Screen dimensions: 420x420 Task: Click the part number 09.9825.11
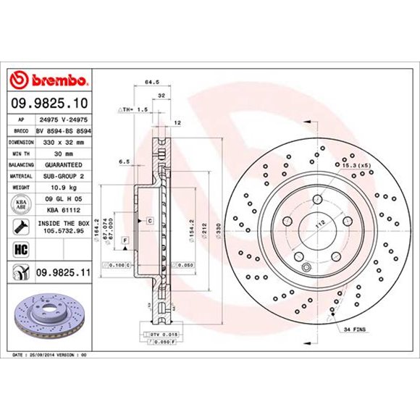tap(62, 273)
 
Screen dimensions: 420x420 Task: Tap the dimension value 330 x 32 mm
tap(61, 143)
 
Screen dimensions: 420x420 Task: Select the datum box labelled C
tap(149, 219)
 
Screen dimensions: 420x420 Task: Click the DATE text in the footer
tap(20, 356)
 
